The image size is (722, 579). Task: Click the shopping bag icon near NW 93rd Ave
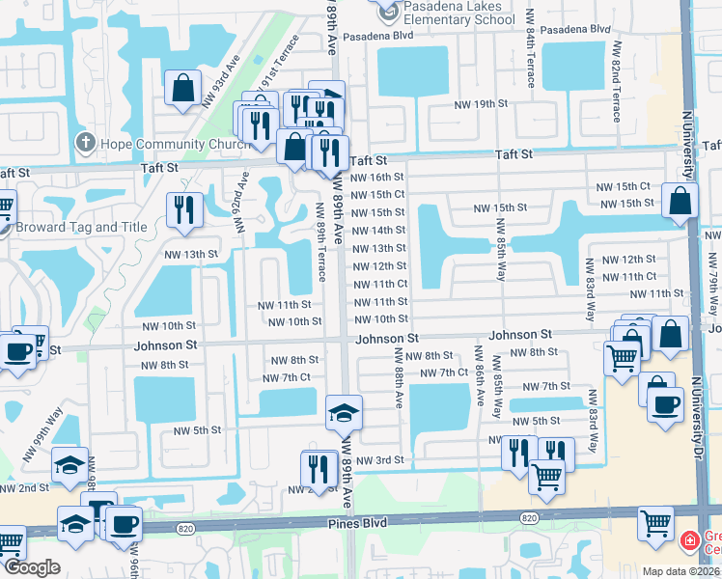coord(182,89)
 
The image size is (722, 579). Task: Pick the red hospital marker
coord(690,538)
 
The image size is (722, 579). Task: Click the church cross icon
coord(85,144)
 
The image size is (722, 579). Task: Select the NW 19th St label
coord(483,103)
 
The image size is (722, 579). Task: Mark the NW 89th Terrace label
coord(319,236)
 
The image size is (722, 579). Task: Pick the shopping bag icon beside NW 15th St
coord(680,203)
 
